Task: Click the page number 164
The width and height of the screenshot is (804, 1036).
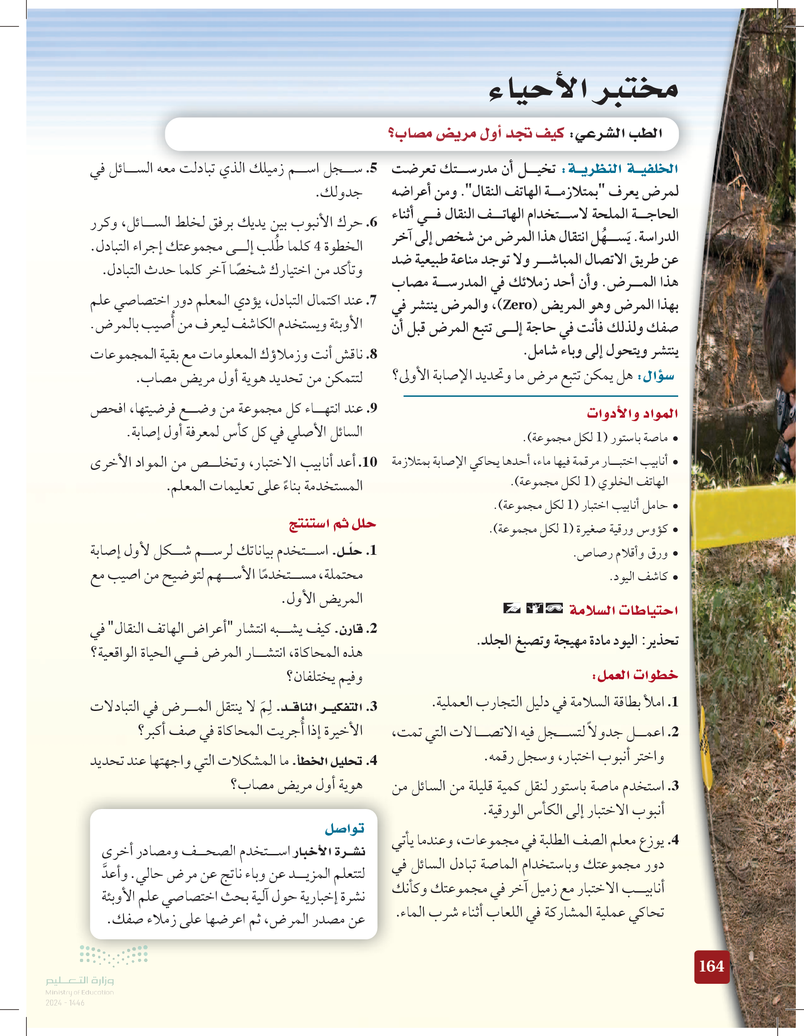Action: coord(711,966)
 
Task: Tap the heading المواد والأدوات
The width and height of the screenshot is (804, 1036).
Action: coord(632,413)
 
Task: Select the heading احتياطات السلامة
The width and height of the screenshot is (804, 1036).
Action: coord(623,610)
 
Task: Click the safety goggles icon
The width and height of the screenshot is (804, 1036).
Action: coord(554,608)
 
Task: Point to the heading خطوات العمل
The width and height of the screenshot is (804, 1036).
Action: coord(635,675)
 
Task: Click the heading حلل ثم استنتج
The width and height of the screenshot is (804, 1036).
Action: coord(332,524)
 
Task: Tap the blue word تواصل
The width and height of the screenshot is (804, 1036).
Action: coord(345,829)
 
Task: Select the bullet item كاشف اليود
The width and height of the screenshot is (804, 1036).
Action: coord(639,577)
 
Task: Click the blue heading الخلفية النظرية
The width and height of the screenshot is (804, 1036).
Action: coord(623,169)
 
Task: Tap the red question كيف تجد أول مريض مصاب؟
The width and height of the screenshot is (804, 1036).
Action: coord(476,134)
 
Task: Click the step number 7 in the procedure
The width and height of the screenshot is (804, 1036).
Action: coord(372,300)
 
